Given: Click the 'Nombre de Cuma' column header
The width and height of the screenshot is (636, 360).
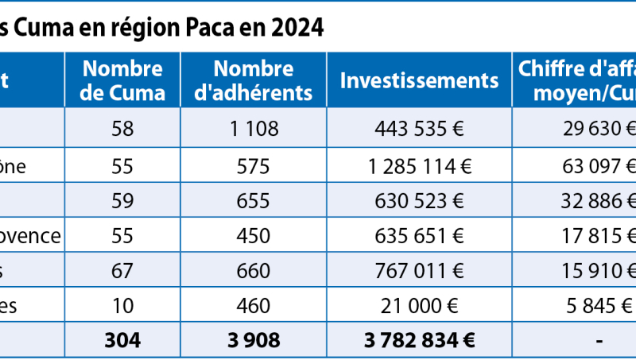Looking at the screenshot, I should [x=123, y=80].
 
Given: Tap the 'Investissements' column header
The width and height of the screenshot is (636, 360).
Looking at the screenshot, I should [x=419, y=80].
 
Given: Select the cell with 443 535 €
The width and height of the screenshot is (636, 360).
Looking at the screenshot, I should [x=419, y=129].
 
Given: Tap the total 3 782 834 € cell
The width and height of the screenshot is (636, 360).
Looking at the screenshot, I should [x=419, y=340].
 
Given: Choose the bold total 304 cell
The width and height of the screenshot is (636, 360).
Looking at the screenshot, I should [x=122, y=340].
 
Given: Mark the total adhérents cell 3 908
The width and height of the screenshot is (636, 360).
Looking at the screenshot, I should [x=254, y=340].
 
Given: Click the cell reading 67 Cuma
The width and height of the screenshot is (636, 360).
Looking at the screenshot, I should [x=122, y=271].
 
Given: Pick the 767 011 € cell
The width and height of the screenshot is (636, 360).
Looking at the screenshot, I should [x=419, y=271].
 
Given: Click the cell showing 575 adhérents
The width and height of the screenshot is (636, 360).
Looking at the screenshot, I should [x=254, y=167].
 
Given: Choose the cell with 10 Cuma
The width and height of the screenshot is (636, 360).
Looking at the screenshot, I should [x=122, y=306].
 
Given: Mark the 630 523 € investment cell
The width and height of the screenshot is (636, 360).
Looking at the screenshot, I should [x=419, y=201].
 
